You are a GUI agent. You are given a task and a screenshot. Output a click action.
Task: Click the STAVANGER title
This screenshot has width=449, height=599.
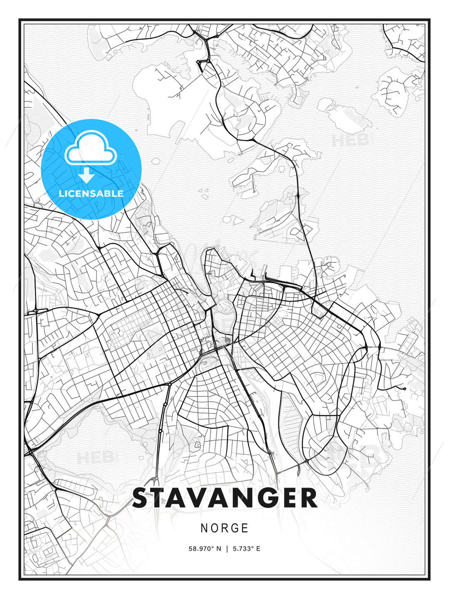(224, 498)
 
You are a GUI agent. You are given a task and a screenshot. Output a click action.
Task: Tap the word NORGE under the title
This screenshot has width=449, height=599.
(224, 528)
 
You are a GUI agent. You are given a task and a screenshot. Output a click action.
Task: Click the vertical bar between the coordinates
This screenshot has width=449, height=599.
(227, 549)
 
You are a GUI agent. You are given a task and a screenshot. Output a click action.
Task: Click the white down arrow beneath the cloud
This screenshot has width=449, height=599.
(86, 175)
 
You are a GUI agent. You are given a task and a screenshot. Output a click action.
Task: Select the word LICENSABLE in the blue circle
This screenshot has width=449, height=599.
(91, 193)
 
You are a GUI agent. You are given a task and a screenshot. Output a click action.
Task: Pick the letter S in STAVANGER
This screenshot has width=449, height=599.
(141, 498)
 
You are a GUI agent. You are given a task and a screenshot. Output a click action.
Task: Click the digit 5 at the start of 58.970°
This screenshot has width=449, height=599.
(191, 549)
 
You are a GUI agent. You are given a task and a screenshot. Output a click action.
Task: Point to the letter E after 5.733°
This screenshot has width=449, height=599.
(258, 549)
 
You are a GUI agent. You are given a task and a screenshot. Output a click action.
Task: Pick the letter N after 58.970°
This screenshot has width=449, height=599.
(219, 549)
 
